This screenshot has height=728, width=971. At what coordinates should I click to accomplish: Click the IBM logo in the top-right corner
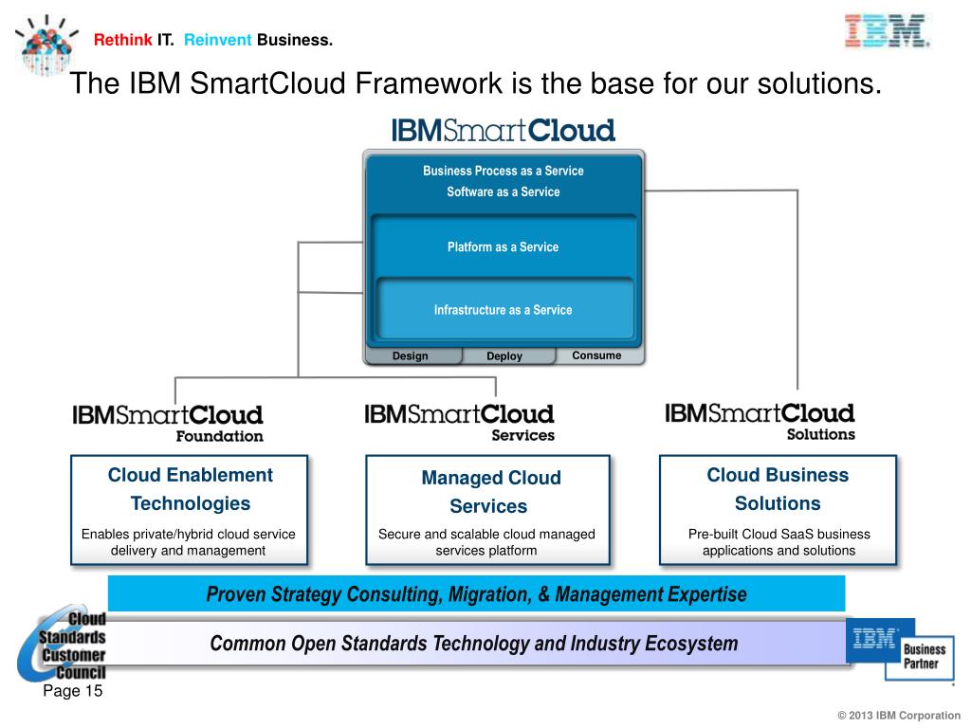pos(887,30)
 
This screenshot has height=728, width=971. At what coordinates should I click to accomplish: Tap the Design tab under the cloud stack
pos(411,356)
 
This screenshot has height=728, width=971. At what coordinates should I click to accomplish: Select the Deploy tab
pos(504,356)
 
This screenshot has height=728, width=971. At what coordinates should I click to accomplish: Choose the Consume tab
pos(596,355)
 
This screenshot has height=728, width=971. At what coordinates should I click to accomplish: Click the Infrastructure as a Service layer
pos(504,310)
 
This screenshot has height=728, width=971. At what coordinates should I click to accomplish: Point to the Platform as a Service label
pos(504,247)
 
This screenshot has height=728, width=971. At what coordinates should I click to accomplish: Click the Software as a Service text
pos(504,192)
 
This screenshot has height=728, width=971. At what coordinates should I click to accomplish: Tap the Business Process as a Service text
pos(504,172)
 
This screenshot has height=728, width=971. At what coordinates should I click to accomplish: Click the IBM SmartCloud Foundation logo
pos(168,423)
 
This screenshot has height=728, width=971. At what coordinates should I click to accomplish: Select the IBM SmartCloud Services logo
pos(460,423)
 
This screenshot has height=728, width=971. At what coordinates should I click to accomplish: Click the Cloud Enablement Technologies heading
pos(190,489)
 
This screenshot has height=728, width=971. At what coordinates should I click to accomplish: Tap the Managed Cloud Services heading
pos(490,492)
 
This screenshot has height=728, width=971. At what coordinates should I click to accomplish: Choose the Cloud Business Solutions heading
pos(778,489)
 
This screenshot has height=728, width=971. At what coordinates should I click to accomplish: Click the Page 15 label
pos(72,691)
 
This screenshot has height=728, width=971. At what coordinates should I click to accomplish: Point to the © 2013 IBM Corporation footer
pos(899,716)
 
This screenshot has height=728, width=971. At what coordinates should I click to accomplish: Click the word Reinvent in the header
pos(218,40)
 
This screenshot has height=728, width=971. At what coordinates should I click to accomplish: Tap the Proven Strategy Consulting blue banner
pos(476,594)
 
